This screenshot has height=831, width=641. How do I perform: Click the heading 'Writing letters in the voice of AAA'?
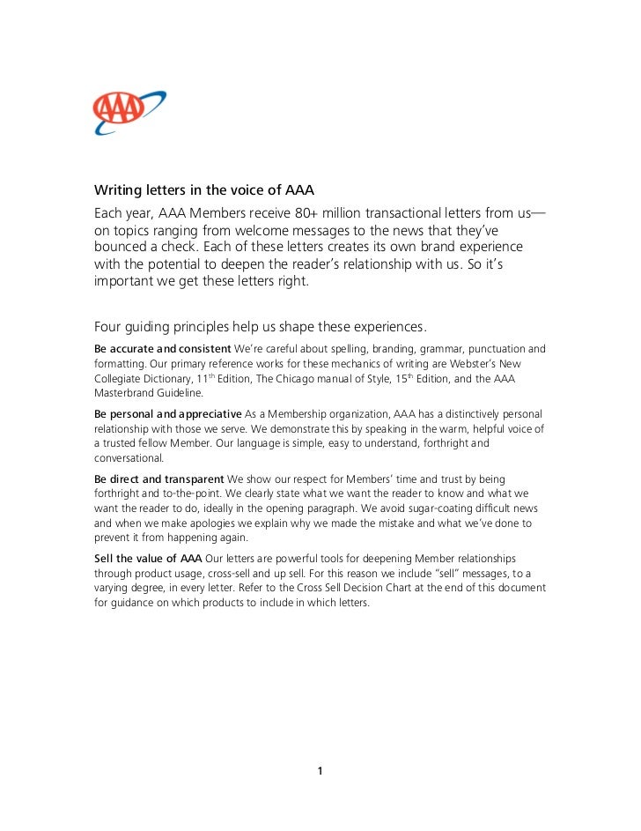coord(204,191)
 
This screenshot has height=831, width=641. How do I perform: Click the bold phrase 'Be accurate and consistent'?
coord(163,349)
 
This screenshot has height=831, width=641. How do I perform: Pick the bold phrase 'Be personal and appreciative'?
coord(167,414)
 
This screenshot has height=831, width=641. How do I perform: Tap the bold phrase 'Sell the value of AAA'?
coord(148,560)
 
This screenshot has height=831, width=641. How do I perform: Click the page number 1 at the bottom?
coord(320,772)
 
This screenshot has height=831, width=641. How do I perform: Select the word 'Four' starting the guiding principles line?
coord(109,328)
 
